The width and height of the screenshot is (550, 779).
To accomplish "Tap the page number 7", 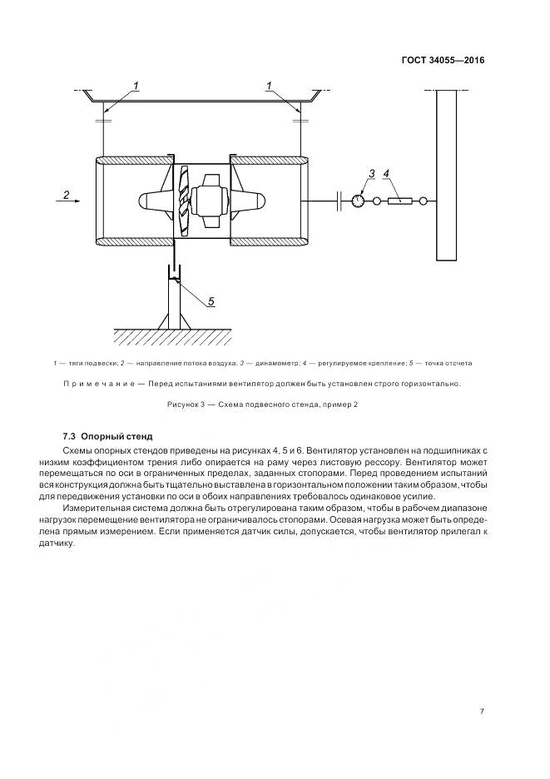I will pyautogui.click(x=482, y=711).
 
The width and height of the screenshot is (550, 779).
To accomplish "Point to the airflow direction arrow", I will pyautogui.click(x=70, y=201).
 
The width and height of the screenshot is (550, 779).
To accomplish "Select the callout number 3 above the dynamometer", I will pyautogui.click(x=372, y=174).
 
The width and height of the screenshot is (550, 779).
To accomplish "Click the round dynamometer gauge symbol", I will pyautogui.click(x=358, y=201).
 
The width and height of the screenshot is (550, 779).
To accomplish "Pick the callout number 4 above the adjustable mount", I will pyautogui.click(x=386, y=174).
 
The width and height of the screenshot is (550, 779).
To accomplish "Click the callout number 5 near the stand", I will pyautogui.click(x=211, y=301).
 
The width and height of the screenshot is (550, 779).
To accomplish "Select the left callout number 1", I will pyautogui.click(x=136, y=86).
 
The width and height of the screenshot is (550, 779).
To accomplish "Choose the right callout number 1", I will pyautogui.click(x=270, y=86).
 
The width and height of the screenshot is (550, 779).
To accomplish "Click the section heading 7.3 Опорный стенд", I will pyautogui.click(x=108, y=436).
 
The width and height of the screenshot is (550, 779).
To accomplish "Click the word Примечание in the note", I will pyautogui.click(x=101, y=384).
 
